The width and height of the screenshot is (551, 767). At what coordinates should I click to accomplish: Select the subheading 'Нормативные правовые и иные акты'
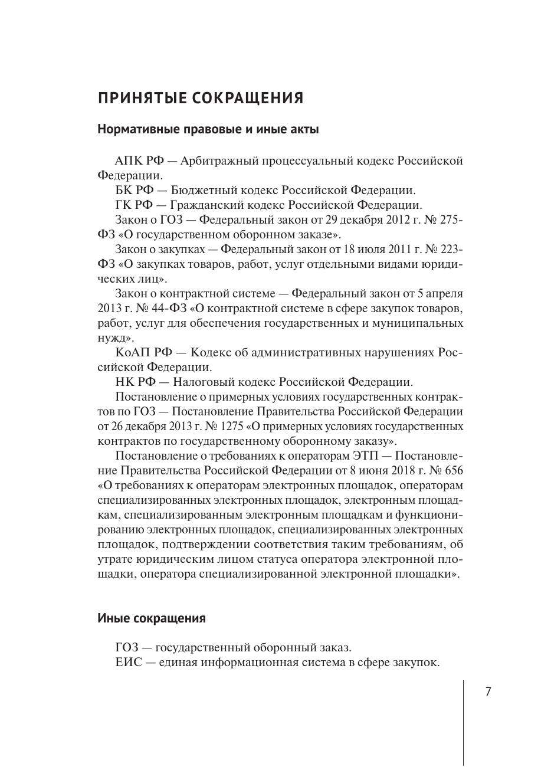(x=208, y=129)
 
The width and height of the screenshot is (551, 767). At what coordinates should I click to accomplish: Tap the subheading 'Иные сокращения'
(x=152, y=618)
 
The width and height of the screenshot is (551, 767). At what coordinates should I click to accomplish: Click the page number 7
(x=488, y=692)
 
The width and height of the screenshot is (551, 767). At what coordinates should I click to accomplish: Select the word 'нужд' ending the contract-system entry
(x=110, y=338)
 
